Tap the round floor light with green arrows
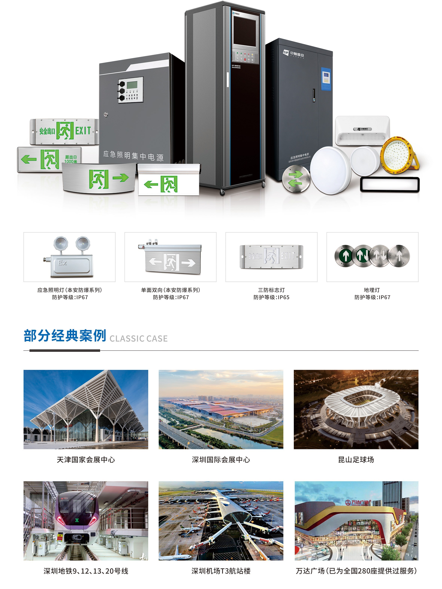pyautogui.click(x=296, y=178)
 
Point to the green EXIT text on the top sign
pyautogui.click(x=83, y=131)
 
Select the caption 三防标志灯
pyautogui.click(x=271, y=290)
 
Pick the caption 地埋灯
pyautogui.click(x=372, y=290)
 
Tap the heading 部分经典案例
pyautogui.click(x=65, y=336)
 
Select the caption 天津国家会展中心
pyautogui.click(x=86, y=460)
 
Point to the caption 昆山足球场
pyautogui.click(x=356, y=460)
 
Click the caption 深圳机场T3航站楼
pyautogui.click(x=221, y=571)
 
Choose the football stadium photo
pyautogui.click(x=356, y=409)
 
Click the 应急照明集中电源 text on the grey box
pyautogui.click(x=133, y=156)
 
